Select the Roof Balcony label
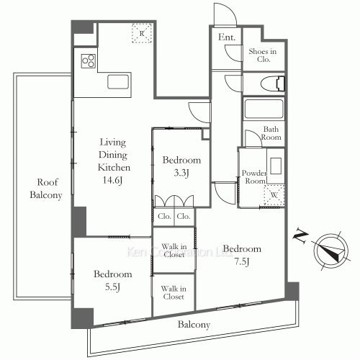45,189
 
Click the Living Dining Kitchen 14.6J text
114,160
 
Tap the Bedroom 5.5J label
112,280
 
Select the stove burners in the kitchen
89,60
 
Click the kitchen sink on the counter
117,81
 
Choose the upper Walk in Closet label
174,251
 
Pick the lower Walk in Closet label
174,292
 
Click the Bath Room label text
271,132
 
